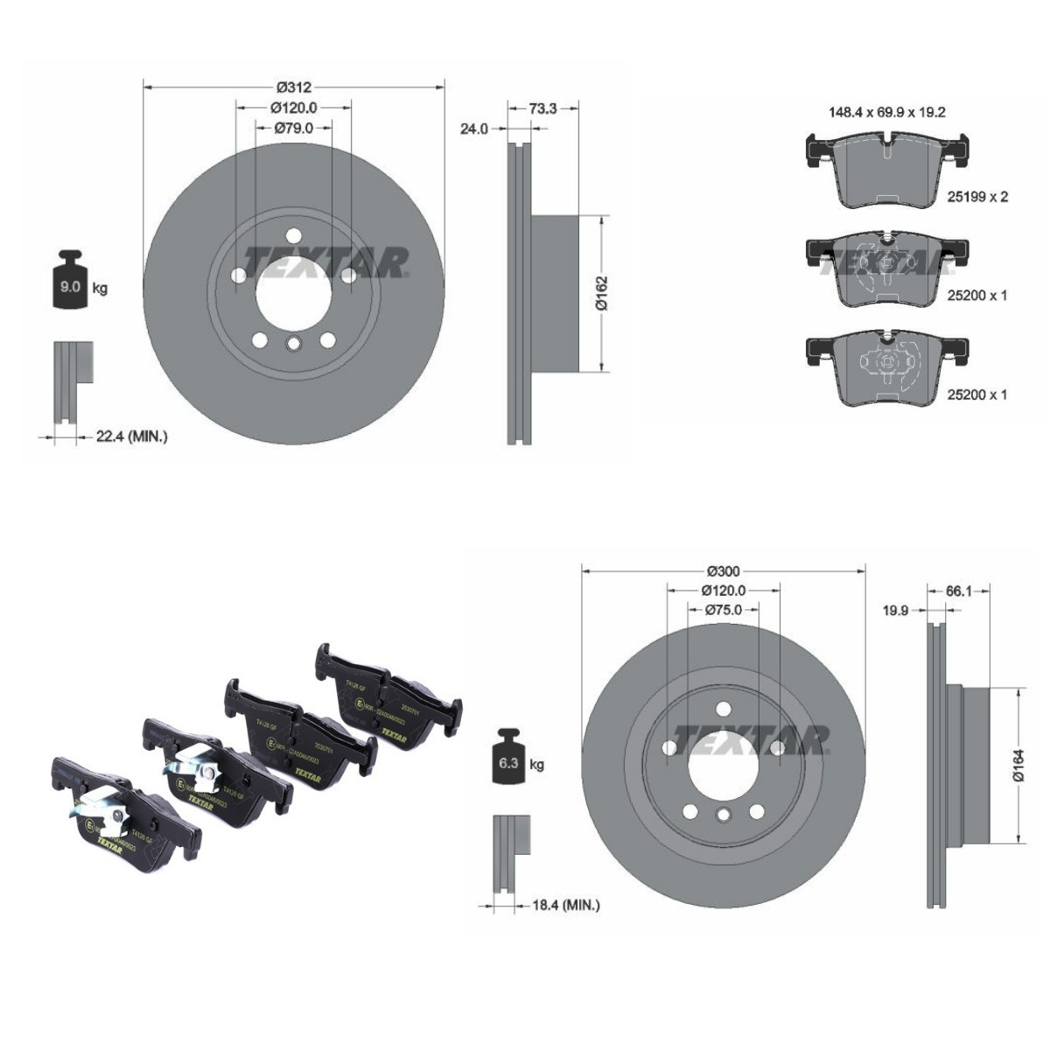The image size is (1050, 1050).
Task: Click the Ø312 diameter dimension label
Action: (x=294, y=87)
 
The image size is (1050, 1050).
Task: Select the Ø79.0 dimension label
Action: (x=294, y=128)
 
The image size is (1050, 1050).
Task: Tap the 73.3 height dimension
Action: (x=542, y=108)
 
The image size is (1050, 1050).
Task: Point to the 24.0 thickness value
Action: (x=473, y=129)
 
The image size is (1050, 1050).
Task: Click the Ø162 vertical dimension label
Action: (x=601, y=294)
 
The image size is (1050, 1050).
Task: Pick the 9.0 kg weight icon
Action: (x=70, y=282)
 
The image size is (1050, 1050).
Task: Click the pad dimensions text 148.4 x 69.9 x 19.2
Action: (x=886, y=112)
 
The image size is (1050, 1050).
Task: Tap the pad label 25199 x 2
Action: (x=977, y=197)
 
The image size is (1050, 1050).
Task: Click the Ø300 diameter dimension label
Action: (x=724, y=570)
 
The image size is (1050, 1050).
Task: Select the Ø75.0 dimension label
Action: (x=724, y=611)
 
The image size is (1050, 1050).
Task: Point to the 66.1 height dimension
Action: (x=959, y=591)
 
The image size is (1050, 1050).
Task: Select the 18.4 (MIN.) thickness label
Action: (x=565, y=905)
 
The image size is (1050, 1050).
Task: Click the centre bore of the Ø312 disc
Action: (x=294, y=290)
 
